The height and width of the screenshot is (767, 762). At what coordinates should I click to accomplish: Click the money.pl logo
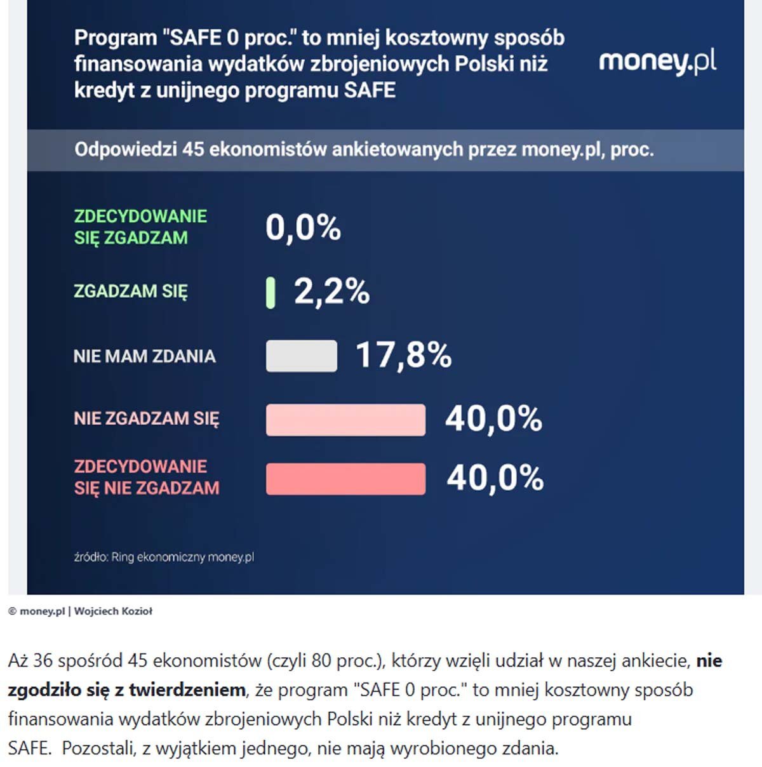[657, 62]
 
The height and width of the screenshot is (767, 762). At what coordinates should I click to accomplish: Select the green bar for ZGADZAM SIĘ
[271, 293]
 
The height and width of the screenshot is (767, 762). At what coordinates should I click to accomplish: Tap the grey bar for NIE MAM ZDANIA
[301, 356]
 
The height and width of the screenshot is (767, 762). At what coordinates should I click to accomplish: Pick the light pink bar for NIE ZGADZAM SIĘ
[345, 420]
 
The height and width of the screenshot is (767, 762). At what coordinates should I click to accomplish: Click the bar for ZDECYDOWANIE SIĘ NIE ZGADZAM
[345, 479]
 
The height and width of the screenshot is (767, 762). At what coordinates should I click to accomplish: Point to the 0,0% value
[303, 227]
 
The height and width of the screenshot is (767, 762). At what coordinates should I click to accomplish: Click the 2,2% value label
[331, 291]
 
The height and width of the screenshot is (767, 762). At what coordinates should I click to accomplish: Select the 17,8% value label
[403, 354]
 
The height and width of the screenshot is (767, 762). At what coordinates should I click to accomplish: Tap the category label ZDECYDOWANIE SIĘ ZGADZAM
[140, 227]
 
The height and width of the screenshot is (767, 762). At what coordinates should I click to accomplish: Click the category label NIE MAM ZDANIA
[144, 356]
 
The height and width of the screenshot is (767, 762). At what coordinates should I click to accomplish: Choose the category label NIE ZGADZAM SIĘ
[146, 419]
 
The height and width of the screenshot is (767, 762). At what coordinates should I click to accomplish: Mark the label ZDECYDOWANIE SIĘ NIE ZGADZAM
[146, 477]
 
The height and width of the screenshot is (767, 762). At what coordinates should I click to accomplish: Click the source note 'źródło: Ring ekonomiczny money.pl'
[164, 557]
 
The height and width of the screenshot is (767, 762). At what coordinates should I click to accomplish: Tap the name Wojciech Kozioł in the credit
[113, 611]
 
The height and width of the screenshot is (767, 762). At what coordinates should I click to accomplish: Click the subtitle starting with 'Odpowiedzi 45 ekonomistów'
[364, 150]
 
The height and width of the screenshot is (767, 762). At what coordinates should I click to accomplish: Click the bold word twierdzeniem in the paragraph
[187, 690]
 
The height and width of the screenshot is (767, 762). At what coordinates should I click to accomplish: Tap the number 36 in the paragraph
[43, 661]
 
